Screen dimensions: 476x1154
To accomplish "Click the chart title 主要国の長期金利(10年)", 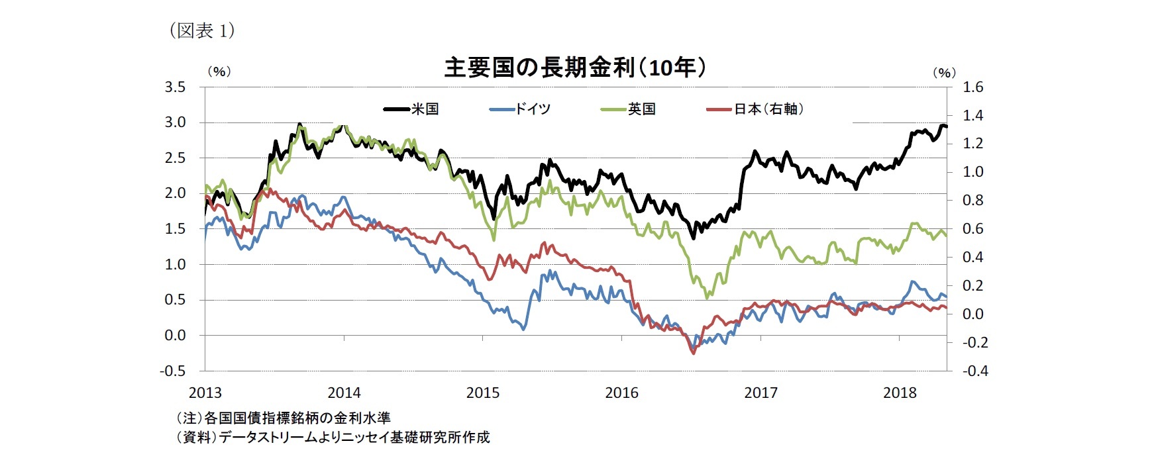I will [574, 68].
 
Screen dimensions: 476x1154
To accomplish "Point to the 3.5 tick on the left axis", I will [175, 87].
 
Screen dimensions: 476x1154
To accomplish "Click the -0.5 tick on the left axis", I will [173, 371].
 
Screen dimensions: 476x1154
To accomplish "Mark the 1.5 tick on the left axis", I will [175, 229].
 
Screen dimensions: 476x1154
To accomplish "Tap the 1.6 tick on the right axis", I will [973, 87].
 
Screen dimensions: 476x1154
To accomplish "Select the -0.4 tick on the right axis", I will [974, 371].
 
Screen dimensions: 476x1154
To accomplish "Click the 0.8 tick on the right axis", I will [973, 201].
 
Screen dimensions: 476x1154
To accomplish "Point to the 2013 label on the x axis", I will [205, 393].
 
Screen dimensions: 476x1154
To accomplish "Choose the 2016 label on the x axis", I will [621, 393].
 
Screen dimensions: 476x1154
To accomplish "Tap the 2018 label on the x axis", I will [899, 393].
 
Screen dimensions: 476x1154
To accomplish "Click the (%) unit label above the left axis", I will [219, 71].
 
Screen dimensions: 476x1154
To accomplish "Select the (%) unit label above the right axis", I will [944, 73].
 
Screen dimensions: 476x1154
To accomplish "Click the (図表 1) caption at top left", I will [203, 30].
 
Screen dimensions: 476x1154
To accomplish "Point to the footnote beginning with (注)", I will [283, 418].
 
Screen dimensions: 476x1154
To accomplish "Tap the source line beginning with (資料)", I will [333, 437].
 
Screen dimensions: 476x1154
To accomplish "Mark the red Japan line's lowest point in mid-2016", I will [694, 354].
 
